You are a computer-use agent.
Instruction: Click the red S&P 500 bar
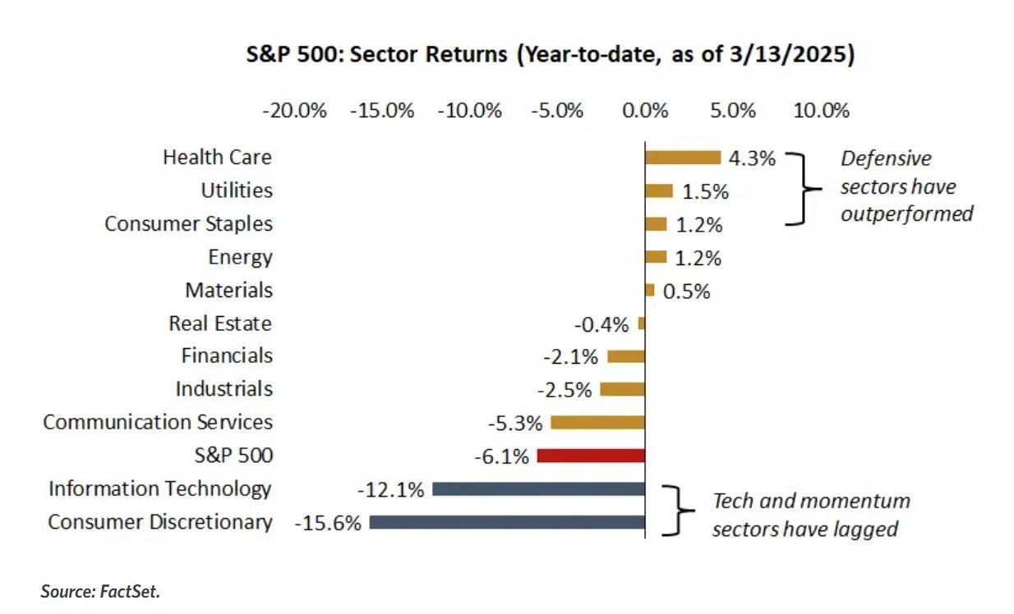click(x=591, y=456)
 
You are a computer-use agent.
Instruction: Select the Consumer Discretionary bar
click(x=507, y=522)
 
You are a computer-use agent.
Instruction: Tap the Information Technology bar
click(x=538, y=489)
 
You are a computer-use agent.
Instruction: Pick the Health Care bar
click(x=682, y=158)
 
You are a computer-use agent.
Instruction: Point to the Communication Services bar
click(x=597, y=423)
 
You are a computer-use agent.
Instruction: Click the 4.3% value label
click(x=752, y=158)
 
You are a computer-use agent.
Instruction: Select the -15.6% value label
click(x=327, y=523)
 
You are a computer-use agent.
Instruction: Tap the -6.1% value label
click(x=501, y=456)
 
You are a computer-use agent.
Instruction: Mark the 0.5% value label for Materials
click(x=685, y=291)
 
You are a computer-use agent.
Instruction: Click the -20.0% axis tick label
click(x=294, y=111)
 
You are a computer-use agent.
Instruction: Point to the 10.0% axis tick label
click(x=821, y=111)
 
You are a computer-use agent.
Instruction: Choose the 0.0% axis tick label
click(x=645, y=111)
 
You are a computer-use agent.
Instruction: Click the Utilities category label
click(x=237, y=190)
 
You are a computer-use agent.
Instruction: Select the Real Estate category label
click(x=220, y=323)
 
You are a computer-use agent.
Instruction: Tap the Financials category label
click(x=227, y=356)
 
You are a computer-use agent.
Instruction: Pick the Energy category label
click(x=240, y=257)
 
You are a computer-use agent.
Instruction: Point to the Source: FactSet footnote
click(x=99, y=590)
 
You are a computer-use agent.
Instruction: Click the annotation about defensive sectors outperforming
click(x=906, y=186)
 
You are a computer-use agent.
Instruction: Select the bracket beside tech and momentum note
click(x=675, y=510)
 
